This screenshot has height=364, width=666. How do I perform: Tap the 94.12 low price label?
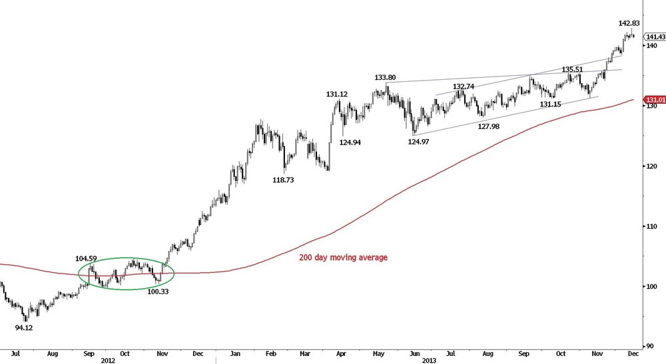[28, 327]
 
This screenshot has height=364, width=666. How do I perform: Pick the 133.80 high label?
[385, 77]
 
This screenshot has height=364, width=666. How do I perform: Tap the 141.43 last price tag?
[655, 37]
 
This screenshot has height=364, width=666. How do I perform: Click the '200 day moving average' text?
[342, 258]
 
